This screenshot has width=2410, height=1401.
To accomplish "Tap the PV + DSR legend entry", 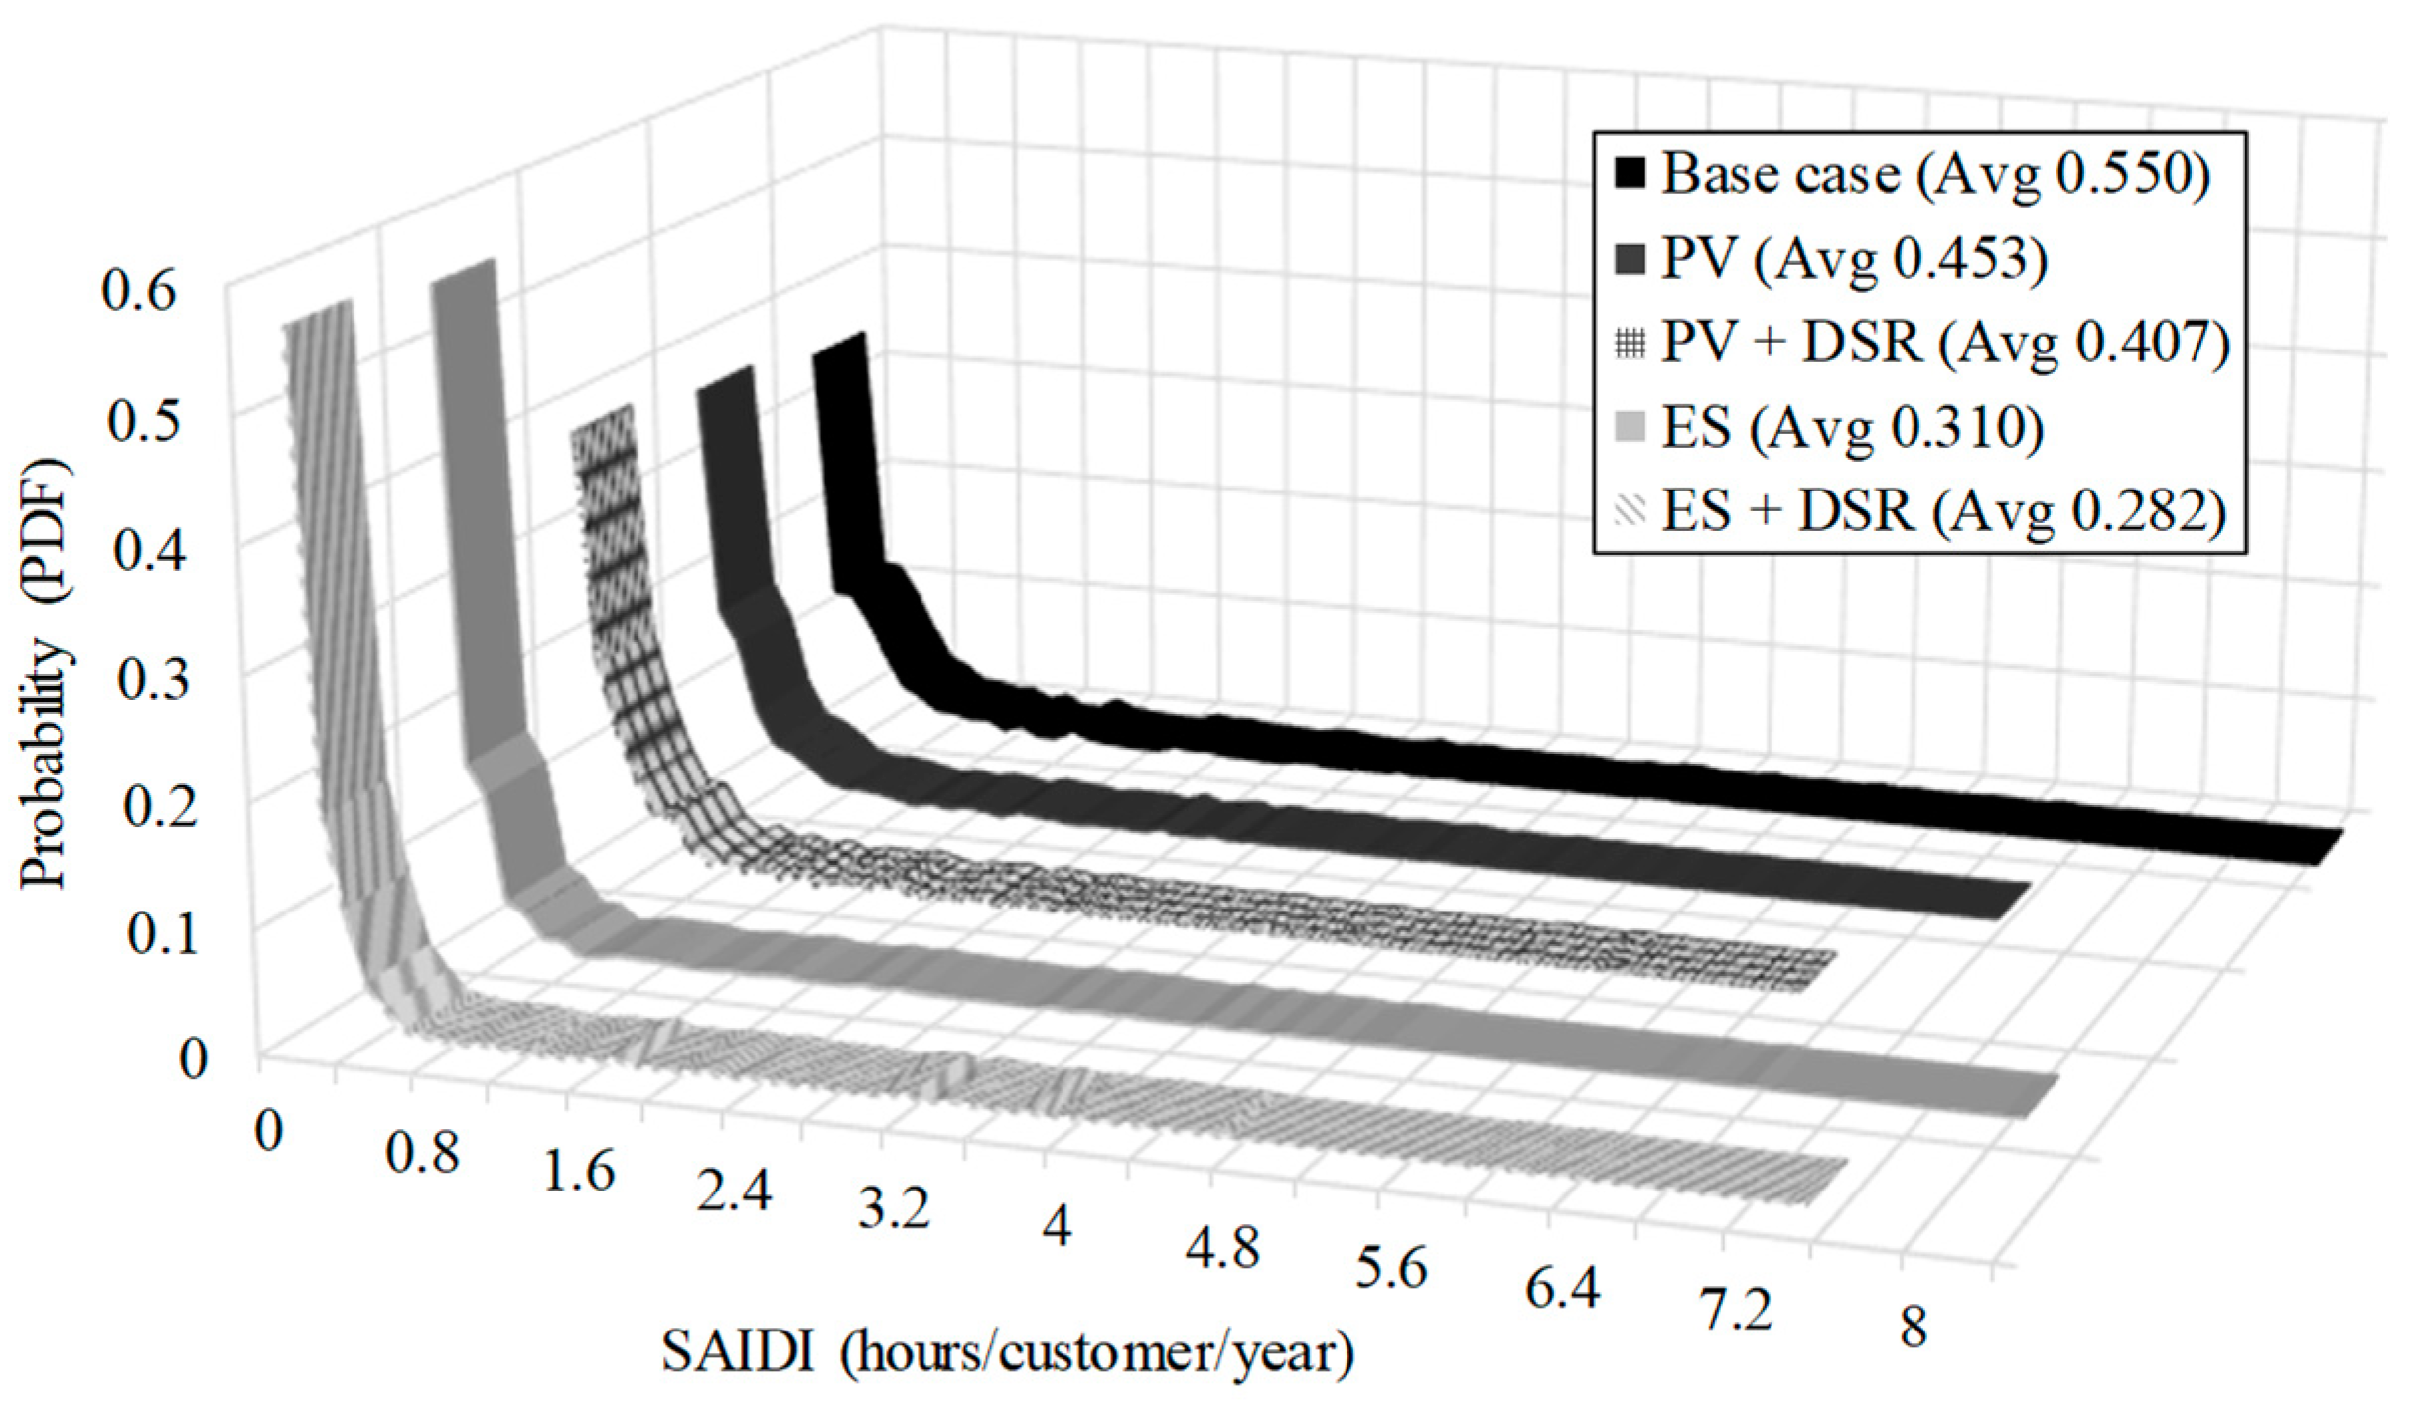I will point(1945,344).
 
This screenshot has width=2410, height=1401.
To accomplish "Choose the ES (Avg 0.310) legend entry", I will point(1851,428).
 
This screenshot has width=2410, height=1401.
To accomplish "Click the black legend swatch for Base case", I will point(1630,174).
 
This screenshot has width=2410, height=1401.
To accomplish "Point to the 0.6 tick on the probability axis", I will point(139,293).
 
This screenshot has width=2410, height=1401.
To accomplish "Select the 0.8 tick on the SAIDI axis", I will point(423,1155).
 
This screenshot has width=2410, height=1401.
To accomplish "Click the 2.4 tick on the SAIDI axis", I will point(734,1192).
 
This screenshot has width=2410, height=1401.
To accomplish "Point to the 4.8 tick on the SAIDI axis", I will point(1222,1247).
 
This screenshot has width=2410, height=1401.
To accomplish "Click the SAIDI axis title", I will point(1008,1354).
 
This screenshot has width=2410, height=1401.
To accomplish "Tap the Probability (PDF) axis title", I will point(45,675).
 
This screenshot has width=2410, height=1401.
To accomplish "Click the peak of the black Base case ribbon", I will point(840,348).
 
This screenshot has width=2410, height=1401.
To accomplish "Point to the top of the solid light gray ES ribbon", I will point(463,273).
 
